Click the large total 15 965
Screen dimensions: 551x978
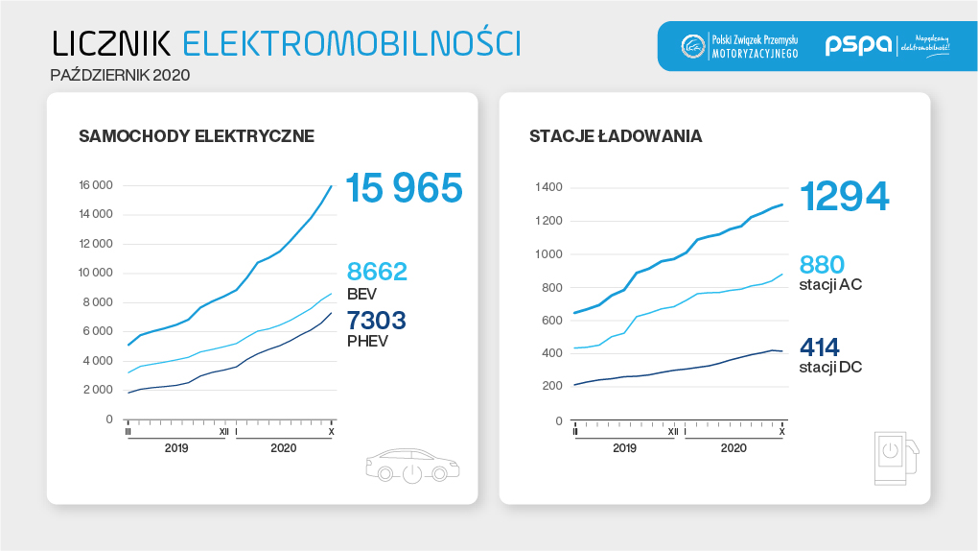[404, 188]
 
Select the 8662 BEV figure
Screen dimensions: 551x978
[377, 272]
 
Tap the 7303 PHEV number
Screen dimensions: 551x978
[377, 320]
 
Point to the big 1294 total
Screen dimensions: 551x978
[844, 196]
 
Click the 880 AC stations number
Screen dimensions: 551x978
[822, 264]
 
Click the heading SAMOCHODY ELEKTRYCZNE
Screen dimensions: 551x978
[196, 136]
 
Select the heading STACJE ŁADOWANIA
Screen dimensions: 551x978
[615, 136]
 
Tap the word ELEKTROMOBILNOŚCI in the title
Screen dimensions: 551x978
[350, 43]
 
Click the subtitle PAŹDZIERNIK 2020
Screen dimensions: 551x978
[120, 74]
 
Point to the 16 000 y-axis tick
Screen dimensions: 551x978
[96, 185]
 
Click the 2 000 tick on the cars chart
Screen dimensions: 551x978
[99, 390]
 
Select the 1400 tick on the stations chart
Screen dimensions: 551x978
[549, 187]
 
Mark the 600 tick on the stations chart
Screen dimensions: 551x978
[552, 321]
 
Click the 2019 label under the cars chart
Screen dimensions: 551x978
[176, 447]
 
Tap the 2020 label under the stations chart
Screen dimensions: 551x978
[733, 447]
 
